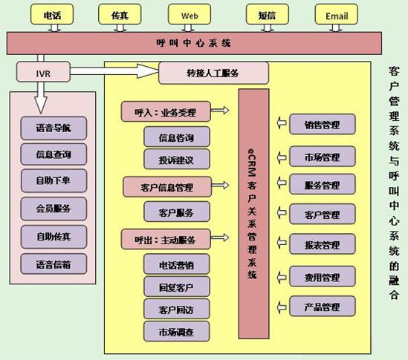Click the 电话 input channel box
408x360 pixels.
52,15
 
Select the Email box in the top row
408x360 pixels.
336,15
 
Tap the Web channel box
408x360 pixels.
190,15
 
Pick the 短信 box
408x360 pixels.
268,15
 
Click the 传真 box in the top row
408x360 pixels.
120,15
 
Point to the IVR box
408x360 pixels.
43,72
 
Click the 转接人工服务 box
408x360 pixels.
213,73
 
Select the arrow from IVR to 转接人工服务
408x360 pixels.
114,71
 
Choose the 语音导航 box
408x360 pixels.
54,128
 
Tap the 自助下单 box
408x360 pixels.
54,180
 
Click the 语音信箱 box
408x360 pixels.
54,264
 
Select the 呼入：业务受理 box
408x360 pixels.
166,112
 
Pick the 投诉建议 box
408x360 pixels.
177,160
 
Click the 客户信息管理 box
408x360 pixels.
167,187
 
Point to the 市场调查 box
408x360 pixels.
177,331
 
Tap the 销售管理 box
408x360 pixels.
322,124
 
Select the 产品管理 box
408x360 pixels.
322,307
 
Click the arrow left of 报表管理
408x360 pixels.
281,243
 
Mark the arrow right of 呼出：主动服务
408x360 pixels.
220,238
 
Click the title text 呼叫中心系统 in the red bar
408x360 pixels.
193,43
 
